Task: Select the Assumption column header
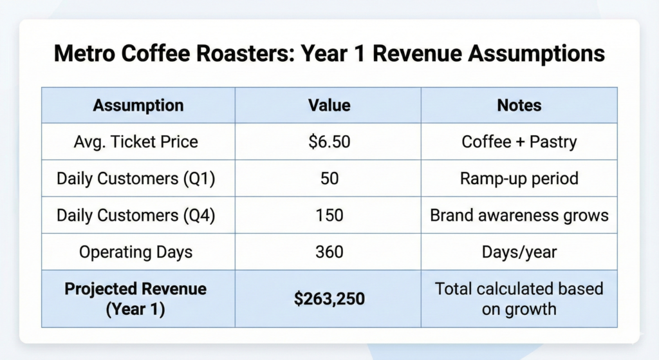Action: (x=138, y=105)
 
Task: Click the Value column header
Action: (x=329, y=105)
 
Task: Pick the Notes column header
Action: (x=519, y=105)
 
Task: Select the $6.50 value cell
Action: (x=329, y=142)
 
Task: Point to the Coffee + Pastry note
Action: (x=519, y=142)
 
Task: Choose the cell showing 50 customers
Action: (x=329, y=178)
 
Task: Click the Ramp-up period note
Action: (x=519, y=178)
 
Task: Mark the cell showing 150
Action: (x=329, y=215)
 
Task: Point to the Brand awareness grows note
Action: (x=519, y=215)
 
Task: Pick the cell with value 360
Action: (x=329, y=252)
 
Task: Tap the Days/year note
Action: (x=519, y=252)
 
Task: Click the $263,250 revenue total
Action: (x=329, y=298)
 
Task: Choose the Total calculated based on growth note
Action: (x=519, y=298)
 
